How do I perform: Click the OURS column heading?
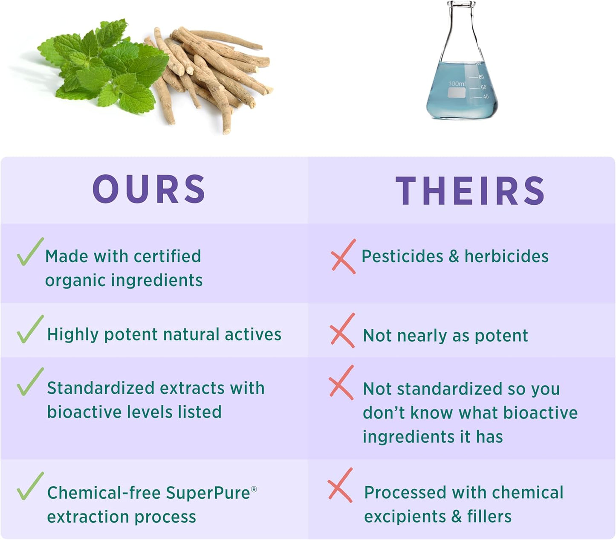[149, 189]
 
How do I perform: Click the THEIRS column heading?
[470, 191]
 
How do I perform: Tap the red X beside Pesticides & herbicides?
[344, 256]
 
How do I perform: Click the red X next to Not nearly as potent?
[342, 331]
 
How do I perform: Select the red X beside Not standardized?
[341, 383]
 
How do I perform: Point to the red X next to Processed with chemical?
[341, 485]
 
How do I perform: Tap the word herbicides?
[506, 256]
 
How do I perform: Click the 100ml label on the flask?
[457, 84]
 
